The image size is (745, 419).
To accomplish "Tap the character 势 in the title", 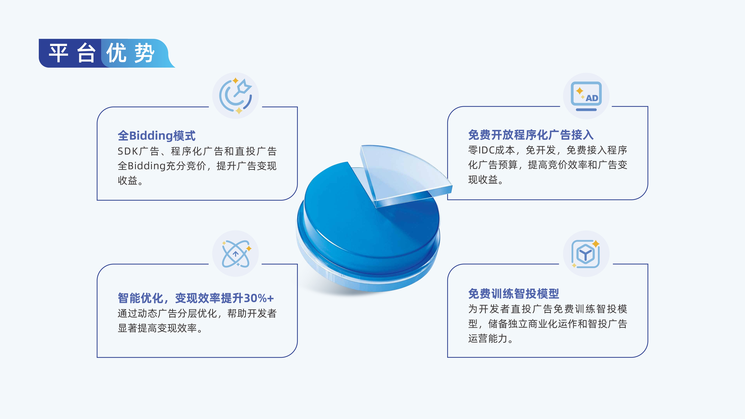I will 145,53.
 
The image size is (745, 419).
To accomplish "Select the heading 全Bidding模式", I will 156,136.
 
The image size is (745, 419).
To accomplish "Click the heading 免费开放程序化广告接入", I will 531,135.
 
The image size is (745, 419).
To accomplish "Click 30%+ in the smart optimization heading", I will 259,298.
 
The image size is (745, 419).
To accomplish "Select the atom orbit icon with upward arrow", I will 235,254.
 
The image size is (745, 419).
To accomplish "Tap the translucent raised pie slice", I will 402,171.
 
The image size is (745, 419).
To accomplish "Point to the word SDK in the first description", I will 128,151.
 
